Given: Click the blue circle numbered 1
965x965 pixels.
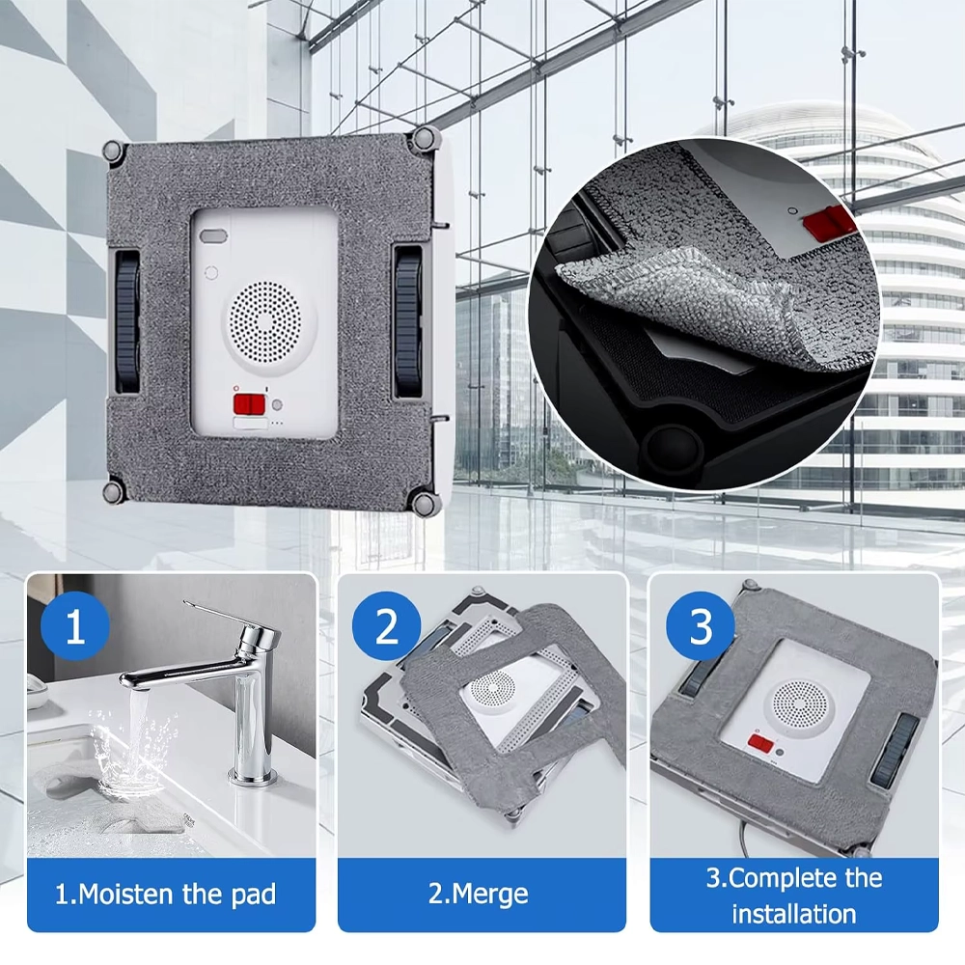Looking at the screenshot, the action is [x=75, y=626].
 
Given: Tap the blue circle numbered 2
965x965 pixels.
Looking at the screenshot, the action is [x=387, y=626].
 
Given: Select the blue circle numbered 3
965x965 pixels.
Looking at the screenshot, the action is [x=701, y=626].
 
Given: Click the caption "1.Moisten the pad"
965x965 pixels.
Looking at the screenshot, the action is [x=166, y=894].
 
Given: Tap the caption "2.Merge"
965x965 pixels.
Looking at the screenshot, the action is [x=479, y=894].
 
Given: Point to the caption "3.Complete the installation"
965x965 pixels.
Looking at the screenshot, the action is [x=794, y=896].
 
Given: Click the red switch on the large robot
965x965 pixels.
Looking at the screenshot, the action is [x=249, y=405].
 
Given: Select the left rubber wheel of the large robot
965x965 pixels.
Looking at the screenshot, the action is [x=127, y=321].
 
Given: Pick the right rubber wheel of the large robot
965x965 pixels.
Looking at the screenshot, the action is [x=409, y=321].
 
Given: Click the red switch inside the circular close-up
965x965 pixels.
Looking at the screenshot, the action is [x=829, y=222].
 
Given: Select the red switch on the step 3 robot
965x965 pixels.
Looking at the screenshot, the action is [x=760, y=743].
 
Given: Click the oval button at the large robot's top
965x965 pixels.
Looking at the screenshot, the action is [x=213, y=237].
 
